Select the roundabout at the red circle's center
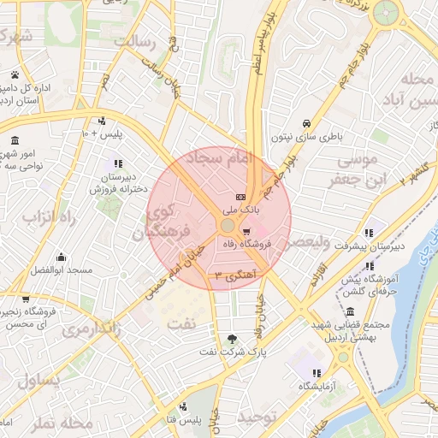[x=227, y=225]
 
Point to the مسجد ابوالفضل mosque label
[x=61, y=269]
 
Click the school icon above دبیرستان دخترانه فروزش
[x=116, y=163]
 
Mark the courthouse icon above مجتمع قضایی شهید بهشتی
[x=351, y=311]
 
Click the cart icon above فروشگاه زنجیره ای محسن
[x=27, y=300]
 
